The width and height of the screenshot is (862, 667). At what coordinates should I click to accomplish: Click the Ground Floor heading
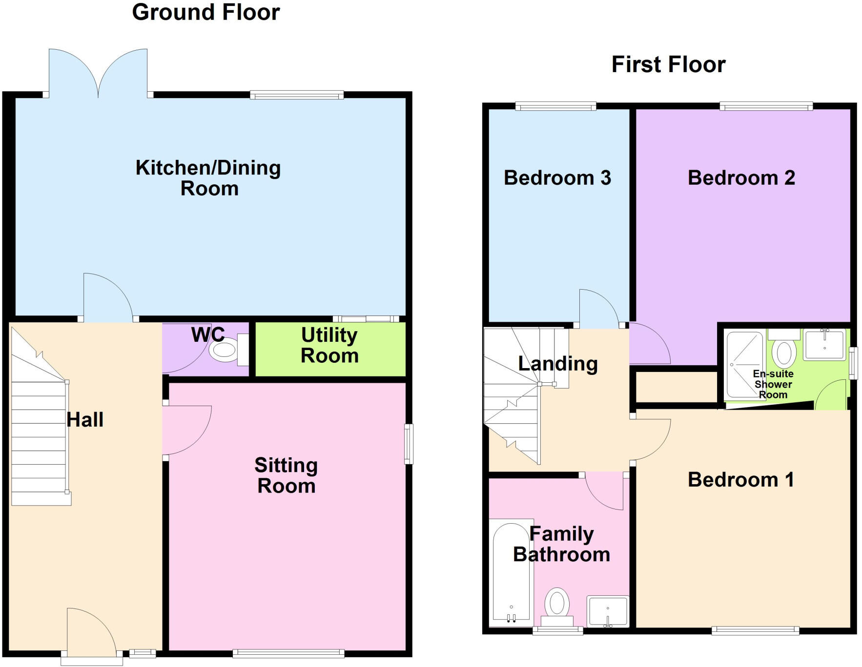(205, 12)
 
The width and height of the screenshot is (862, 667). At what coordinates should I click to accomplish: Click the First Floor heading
(668, 64)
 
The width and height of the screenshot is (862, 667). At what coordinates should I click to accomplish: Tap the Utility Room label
(329, 345)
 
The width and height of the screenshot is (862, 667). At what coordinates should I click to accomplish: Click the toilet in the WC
(226, 350)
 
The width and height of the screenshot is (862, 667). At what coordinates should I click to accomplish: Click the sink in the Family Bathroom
(608, 611)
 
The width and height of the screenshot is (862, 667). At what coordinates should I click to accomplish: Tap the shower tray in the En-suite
(744, 364)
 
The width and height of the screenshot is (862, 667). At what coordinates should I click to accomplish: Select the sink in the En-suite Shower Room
(824, 344)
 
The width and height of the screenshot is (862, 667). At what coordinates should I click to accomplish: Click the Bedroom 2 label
(741, 178)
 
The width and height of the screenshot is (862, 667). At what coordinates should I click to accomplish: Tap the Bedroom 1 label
(740, 480)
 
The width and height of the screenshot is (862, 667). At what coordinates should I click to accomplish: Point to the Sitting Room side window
(409, 444)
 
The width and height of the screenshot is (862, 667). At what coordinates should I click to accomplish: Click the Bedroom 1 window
(755, 630)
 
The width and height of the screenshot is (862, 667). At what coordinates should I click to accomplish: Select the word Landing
(557, 364)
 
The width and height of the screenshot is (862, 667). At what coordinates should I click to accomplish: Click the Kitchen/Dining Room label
(208, 178)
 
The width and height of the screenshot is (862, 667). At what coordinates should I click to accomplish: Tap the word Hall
(85, 420)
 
